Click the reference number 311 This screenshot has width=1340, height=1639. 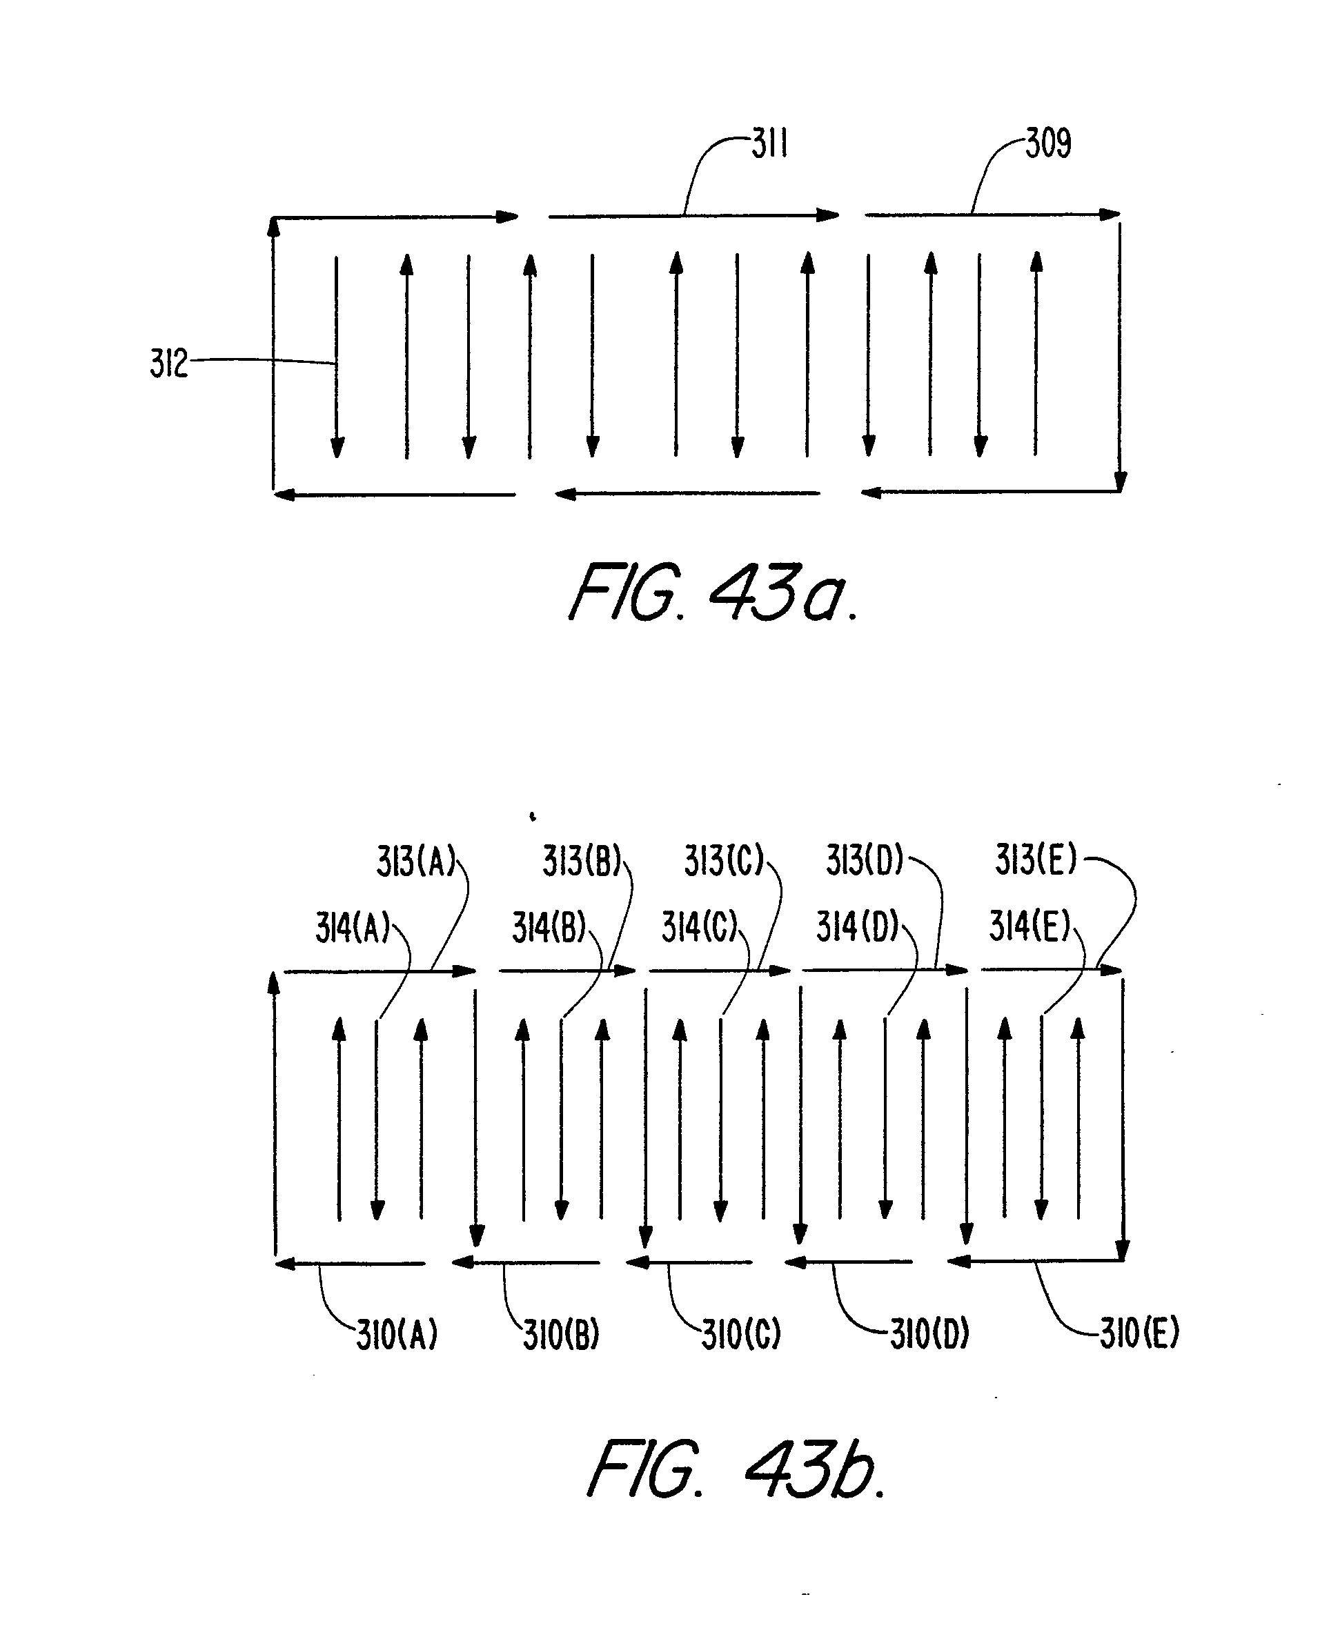[x=769, y=144]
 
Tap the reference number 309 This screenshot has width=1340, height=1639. [x=1048, y=143]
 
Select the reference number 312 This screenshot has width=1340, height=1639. [x=168, y=364]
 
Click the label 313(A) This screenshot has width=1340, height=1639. [x=416, y=861]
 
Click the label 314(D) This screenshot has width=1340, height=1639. [x=858, y=926]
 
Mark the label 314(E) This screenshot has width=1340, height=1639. [x=1029, y=926]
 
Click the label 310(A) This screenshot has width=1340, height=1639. [x=397, y=1334]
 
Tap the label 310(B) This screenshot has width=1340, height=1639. [x=561, y=1335]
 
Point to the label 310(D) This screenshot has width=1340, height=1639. [x=929, y=1333]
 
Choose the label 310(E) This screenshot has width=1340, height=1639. [x=1139, y=1333]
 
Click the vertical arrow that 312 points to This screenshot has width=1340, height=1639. [x=337, y=355]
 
